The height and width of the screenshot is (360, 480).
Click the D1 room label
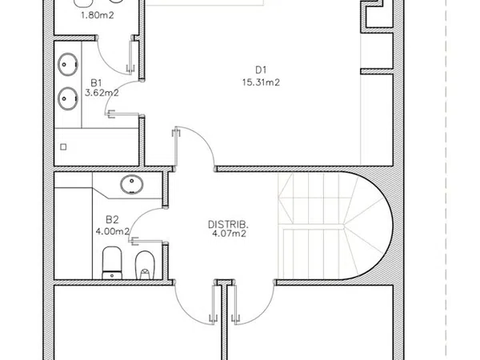[x=261, y=70]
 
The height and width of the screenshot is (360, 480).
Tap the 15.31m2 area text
[x=261, y=82]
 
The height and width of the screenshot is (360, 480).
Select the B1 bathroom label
[x=96, y=82]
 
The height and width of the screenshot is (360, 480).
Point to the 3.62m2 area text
[x=102, y=93]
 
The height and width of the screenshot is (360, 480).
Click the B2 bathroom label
[x=112, y=219]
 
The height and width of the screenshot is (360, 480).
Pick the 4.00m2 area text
[x=112, y=231]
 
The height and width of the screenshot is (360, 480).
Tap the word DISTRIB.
[x=228, y=225]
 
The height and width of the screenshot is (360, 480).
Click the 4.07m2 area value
[x=230, y=234]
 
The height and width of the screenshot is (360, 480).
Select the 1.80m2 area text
[x=98, y=15]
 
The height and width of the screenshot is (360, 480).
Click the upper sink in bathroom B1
[x=68, y=64]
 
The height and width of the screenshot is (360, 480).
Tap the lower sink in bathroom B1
[x=68, y=98]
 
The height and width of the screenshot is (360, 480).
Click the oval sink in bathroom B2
[x=132, y=184]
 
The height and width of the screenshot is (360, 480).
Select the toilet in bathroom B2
[x=112, y=262]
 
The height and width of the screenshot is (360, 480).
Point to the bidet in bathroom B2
[x=145, y=265]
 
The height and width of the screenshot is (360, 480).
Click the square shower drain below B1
[x=63, y=147]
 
